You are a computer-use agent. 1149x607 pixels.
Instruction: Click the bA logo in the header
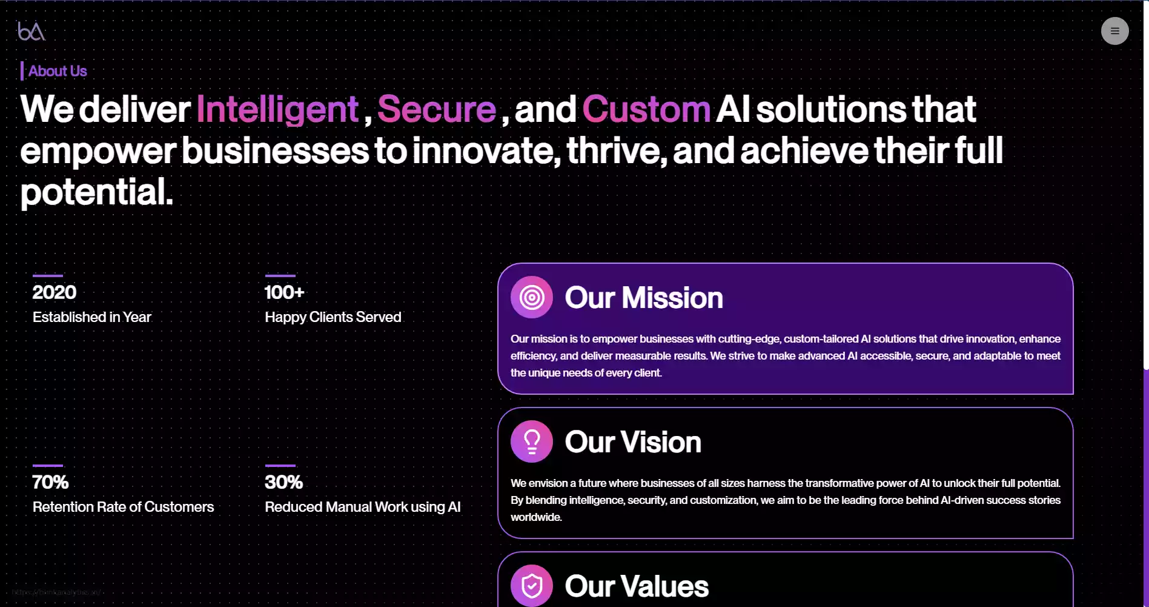click(x=31, y=31)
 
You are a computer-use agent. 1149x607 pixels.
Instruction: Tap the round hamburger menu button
click(x=1114, y=31)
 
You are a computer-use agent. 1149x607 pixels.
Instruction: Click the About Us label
click(x=58, y=71)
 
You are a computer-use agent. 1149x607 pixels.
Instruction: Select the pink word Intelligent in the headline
click(x=277, y=109)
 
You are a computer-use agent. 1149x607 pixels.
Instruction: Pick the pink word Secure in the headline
click(x=437, y=109)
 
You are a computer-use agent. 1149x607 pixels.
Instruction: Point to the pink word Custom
click(x=646, y=109)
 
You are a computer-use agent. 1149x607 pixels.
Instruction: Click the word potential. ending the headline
click(x=97, y=192)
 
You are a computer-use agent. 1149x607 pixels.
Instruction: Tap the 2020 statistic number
click(x=55, y=292)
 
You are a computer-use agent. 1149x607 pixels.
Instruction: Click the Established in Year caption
click(x=92, y=317)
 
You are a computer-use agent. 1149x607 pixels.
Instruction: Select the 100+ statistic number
click(x=285, y=292)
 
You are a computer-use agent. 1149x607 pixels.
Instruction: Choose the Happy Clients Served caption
click(x=333, y=317)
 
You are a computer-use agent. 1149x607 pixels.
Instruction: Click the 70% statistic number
click(x=50, y=482)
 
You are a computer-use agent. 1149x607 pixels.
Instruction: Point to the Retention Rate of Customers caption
click(x=124, y=507)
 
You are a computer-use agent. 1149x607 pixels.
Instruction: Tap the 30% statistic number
click(x=283, y=482)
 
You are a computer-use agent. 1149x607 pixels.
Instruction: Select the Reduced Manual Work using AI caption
click(x=363, y=507)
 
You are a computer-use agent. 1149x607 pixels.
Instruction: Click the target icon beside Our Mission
click(x=532, y=297)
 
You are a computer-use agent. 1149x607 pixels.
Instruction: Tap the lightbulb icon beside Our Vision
click(x=532, y=441)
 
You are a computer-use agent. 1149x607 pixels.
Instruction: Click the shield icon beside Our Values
click(x=532, y=586)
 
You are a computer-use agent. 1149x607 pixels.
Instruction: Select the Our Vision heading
click(x=633, y=442)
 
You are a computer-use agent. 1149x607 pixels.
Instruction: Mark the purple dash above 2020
click(x=48, y=275)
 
